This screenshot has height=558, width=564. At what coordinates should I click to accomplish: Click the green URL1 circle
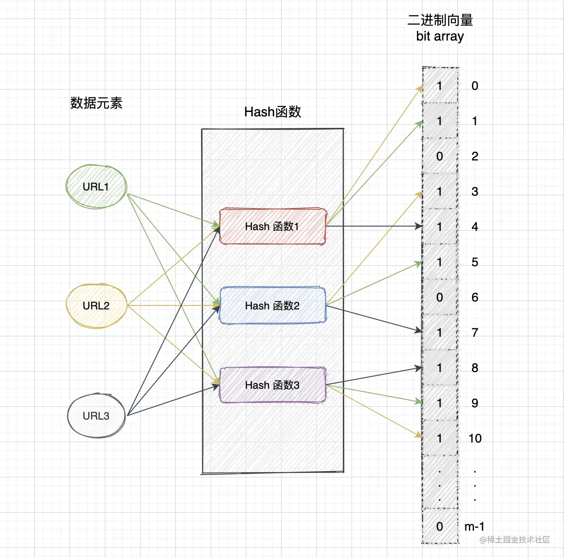(96, 186)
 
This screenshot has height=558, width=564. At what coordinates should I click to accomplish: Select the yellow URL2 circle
(96, 306)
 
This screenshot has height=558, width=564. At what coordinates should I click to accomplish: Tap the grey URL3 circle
(96, 416)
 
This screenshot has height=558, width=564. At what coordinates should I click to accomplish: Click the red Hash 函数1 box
(272, 227)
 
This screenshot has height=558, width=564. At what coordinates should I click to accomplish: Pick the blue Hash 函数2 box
(272, 305)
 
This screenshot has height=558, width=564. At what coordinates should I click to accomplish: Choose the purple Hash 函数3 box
(272, 385)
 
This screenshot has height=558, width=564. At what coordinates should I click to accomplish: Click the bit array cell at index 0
(440, 86)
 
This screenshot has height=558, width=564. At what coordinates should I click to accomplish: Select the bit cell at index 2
(440, 156)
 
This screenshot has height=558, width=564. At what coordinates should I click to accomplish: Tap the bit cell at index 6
(440, 297)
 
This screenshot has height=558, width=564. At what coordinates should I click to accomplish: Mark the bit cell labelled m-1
(440, 526)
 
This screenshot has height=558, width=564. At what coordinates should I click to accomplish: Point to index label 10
(475, 438)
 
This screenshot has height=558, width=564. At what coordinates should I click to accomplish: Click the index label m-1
(474, 526)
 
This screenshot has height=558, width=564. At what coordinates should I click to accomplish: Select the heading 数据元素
(96, 103)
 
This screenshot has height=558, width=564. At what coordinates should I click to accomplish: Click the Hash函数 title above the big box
(272, 112)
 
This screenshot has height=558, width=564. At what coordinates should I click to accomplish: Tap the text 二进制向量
(440, 20)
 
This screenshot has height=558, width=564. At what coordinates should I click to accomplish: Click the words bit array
(440, 36)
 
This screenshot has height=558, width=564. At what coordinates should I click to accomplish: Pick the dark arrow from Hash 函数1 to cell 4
(375, 227)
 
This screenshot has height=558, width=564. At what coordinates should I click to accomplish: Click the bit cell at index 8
(440, 368)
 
